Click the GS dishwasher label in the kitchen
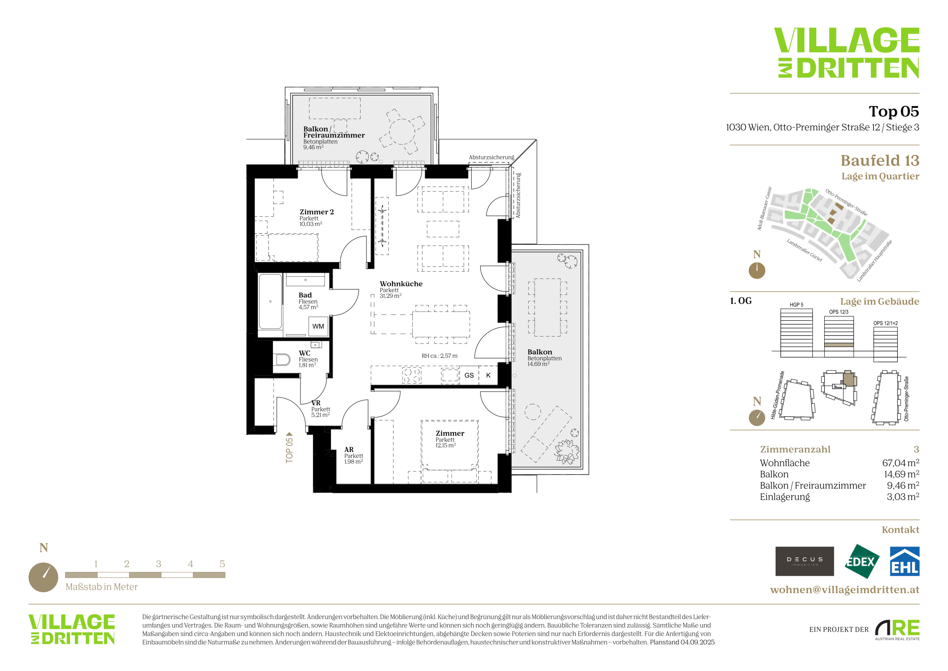[x=469, y=375]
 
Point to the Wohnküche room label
[x=401, y=284]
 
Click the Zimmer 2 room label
[x=317, y=212]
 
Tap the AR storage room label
[x=349, y=450]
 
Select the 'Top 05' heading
[x=894, y=111]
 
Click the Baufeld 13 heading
[x=880, y=160]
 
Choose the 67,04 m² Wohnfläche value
[x=901, y=463]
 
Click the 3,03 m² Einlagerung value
[x=903, y=497]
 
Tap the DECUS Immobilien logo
[x=804, y=561]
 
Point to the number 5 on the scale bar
[x=222, y=564]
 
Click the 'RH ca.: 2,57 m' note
[x=439, y=356]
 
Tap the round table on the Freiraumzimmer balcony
[x=402, y=131]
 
